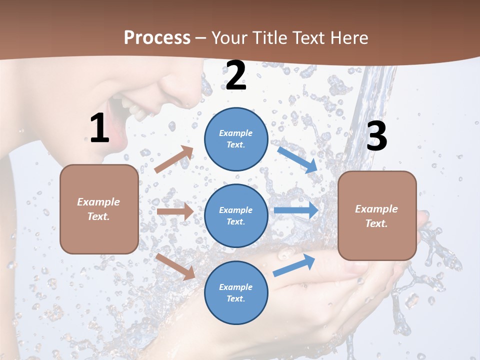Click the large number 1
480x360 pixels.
click(x=99, y=128)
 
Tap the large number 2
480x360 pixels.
click(x=236, y=76)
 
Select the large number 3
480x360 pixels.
click(x=376, y=136)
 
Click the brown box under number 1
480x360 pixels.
click(x=99, y=209)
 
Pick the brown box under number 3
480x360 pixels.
click(x=377, y=216)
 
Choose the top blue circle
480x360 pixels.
click(x=236, y=139)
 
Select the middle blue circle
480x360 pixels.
click(x=236, y=215)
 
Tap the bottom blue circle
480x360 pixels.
click(x=236, y=292)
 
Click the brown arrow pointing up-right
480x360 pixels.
click(x=174, y=159)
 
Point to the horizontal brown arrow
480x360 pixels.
click(x=175, y=211)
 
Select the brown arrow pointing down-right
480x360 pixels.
click(x=175, y=266)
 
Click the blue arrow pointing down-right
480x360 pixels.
click(x=297, y=159)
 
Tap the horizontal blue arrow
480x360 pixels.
click(x=296, y=210)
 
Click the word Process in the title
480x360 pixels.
click(x=157, y=37)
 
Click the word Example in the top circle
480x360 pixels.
click(x=236, y=133)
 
